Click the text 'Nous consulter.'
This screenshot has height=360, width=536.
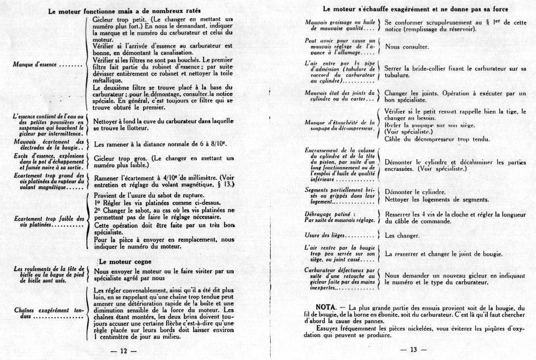point(407,47)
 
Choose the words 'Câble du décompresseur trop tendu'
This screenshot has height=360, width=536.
point(429,139)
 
